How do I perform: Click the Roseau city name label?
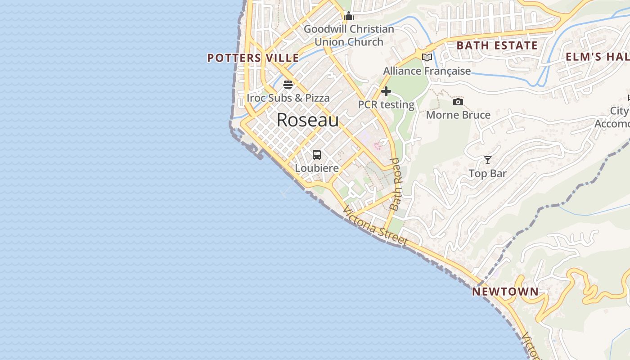[x=307, y=120]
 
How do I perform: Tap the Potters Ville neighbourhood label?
[x=253, y=58]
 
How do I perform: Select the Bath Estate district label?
[x=497, y=45]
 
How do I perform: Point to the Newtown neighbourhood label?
[x=505, y=292]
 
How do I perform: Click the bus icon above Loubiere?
[x=317, y=155]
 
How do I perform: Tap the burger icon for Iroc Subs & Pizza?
[x=288, y=85]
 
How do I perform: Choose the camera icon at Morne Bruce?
[x=458, y=102]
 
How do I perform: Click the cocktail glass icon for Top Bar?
[x=488, y=160]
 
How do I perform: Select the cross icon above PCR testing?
[x=386, y=91]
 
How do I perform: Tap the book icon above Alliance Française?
[x=427, y=57]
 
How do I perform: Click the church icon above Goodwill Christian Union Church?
[x=349, y=17]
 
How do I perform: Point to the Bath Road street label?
[x=396, y=184]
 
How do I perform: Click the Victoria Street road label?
[x=375, y=226]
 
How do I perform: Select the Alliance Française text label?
[x=427, y=71]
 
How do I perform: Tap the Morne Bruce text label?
[x=458, y=115]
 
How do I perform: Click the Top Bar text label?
[x=487, y=174]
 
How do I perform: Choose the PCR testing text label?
[x=386, y=105]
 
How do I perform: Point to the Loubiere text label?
[x=317, y=168]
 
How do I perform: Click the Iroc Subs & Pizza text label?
[x=288, y=98]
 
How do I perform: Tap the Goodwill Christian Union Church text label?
[x=349, y=36]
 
